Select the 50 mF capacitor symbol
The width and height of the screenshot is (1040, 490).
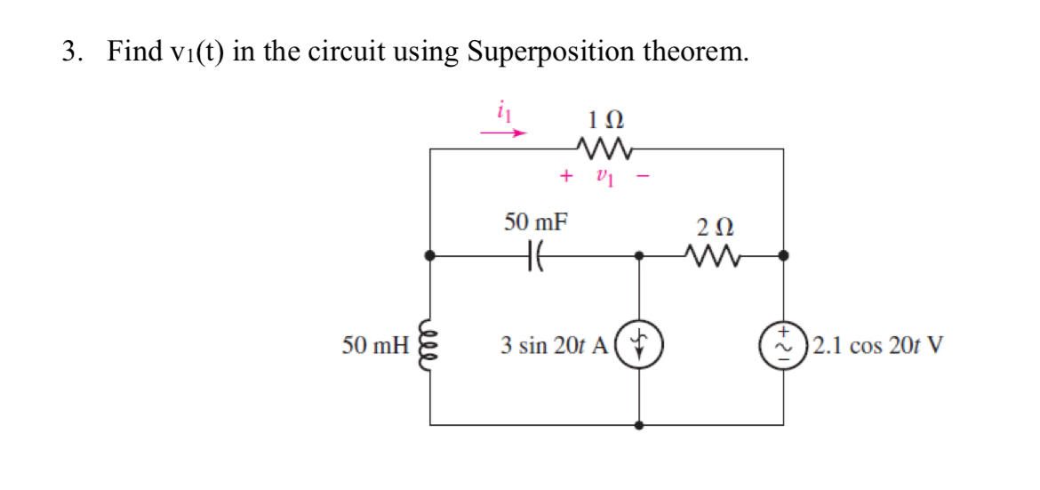[x=535, y=255]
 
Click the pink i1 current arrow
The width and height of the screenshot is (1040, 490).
[x=504, y=133]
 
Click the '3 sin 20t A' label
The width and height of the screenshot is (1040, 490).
[x=554, y=345]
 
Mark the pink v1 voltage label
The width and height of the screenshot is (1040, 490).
[x=604, y=176]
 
